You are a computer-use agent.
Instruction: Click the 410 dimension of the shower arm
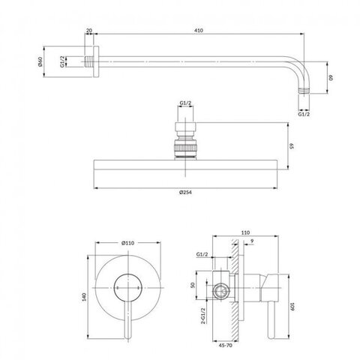point(198,31)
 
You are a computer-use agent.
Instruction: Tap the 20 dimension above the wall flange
point(89,31)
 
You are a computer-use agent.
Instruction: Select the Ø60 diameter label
point(40,61)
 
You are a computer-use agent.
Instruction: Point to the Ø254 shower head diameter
point(185,192)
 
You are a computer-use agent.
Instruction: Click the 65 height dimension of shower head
point(291,146)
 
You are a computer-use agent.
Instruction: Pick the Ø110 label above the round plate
point(127,243)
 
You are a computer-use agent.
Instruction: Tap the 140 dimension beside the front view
point(84,297)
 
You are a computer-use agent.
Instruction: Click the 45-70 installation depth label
point(225,346)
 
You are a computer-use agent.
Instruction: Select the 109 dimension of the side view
point(292,307)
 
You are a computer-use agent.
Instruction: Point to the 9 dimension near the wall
point(252,241)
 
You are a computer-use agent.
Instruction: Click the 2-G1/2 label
point(203,316)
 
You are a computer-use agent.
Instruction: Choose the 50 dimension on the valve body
point(193,285)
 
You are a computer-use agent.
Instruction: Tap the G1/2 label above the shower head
point(185,103)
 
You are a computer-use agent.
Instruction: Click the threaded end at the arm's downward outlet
point(304,90)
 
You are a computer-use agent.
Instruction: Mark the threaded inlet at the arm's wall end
point(88,61)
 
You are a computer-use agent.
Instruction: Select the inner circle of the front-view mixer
point(127,274)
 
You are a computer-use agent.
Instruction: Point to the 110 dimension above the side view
point(245,232)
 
